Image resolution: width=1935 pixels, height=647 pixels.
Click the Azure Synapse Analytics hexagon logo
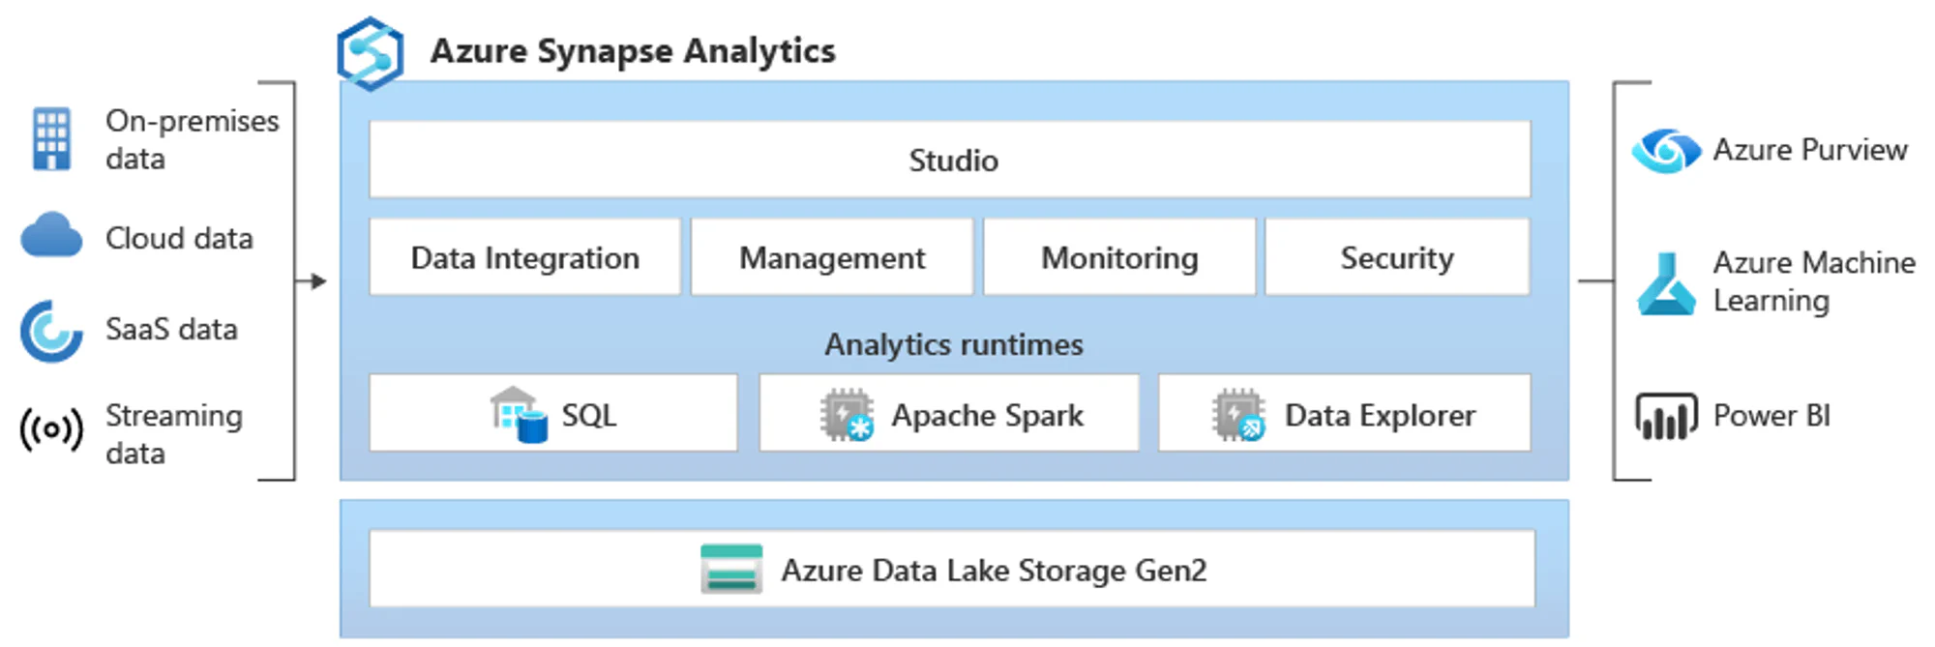[370, 53]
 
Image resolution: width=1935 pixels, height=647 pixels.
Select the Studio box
[950, 160]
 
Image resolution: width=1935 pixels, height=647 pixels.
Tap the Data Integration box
[524, 258]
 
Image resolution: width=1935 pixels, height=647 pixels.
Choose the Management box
[832, 258]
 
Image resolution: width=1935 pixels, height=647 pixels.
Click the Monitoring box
[1119, 258]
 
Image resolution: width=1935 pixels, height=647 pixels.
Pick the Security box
[1397, 258]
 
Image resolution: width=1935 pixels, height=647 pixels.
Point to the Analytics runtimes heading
[953, 344]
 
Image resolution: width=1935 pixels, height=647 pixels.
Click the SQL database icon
[519, 415]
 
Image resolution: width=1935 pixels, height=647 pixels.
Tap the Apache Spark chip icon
[847, 415]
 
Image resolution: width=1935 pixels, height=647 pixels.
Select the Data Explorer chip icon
[1238, 415]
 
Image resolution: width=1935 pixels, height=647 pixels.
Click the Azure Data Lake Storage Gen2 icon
[731, 569]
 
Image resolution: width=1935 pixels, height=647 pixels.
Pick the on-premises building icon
[51, 139]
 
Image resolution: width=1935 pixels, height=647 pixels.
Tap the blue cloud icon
[51, 236]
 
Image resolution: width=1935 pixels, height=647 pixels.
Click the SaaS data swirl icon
[50, 331]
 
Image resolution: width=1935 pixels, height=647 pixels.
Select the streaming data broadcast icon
[51, 429]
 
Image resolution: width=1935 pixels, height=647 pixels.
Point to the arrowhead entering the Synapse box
[319, 281]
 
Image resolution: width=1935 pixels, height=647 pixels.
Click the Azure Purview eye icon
[1665, 151]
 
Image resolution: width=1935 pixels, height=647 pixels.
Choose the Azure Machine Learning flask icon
[1666, 284]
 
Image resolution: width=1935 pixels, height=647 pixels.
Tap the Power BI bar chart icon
[1665, 416]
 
